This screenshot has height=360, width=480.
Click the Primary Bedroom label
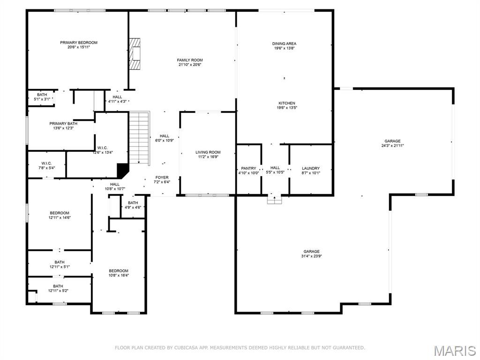tap(78, 43)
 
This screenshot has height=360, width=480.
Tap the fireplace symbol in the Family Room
tap(135, 53)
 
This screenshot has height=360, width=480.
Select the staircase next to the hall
tap(139, 138)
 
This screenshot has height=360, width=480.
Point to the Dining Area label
tap(284, 44)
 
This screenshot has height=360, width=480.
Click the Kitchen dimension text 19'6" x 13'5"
tap(287, 108)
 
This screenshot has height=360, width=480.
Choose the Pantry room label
tap(248, 168)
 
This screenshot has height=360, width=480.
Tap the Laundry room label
tap(310, 168)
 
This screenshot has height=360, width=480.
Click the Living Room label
tap(208, 152)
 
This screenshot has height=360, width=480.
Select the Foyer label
tap(162, 178)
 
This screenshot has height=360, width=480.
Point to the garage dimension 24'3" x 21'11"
tap(392, 146)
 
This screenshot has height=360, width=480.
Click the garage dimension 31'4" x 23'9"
tap(311, 256)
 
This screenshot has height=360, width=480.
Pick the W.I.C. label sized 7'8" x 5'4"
tap(46, 163)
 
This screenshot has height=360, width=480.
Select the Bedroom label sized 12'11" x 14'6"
tap(60, 213)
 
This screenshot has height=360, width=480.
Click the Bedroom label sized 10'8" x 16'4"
tap(118, 271)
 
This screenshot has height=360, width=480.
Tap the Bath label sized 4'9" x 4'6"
tap(133, 203)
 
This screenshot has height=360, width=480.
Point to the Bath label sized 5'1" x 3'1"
tap(42, 95)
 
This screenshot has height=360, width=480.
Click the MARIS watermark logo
tap(454, 351)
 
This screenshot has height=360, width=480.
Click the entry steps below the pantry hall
tap(274, 200)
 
